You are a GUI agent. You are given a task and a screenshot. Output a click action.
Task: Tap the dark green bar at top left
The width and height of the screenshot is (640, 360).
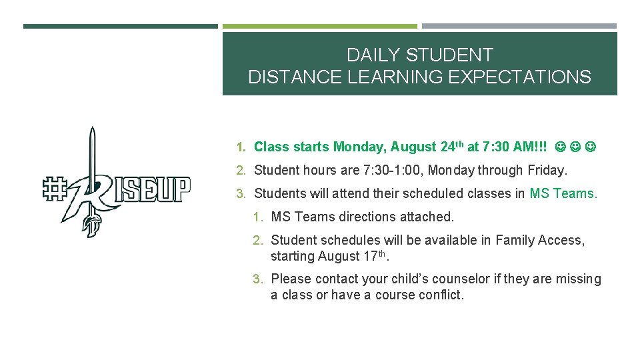click(120, 27)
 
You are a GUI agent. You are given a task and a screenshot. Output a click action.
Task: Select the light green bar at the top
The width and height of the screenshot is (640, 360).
click(319, 27)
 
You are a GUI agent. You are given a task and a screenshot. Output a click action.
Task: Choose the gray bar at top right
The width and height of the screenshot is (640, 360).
click(519, 27)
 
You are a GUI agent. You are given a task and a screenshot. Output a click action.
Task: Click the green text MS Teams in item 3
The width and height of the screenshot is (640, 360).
click(563, 193)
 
